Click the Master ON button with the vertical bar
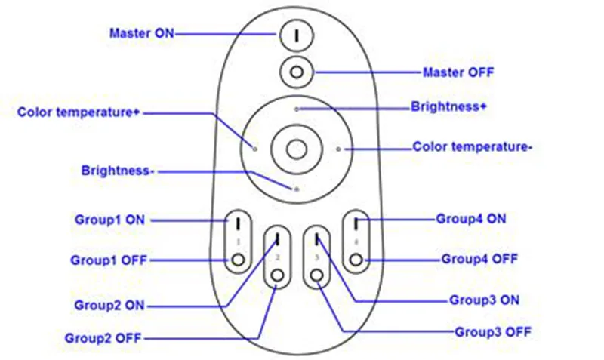297,35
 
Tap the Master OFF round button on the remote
297,72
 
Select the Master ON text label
142,33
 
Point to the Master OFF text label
458,72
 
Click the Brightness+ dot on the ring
297,109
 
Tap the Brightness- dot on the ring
297,189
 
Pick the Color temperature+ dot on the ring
255,149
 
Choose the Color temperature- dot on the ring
338,149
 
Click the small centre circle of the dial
297,149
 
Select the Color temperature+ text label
79,112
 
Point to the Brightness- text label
118,171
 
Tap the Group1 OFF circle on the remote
238,260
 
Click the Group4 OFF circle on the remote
356,260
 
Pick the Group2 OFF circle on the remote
277,275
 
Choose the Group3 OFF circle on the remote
317,275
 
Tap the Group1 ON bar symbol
239,223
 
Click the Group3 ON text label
484,300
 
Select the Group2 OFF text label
103,338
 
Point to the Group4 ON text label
470,219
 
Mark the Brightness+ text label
448,106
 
